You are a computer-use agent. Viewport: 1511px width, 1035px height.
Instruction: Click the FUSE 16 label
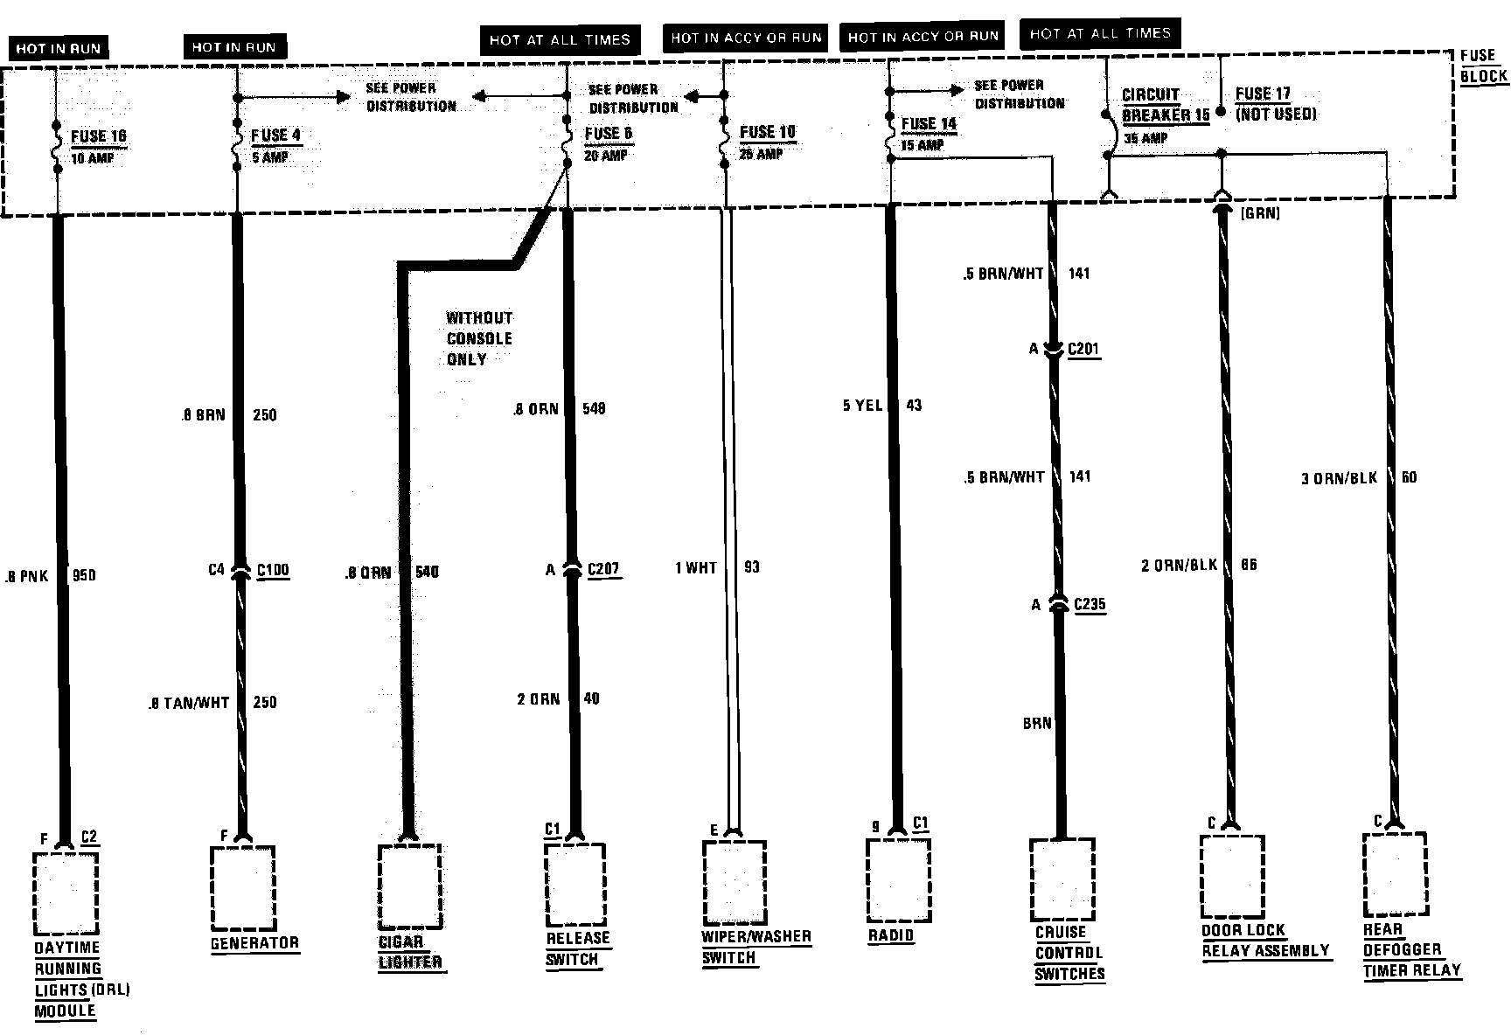tap(98, 136)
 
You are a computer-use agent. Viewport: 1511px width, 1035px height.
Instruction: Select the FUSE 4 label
tap(275, 135)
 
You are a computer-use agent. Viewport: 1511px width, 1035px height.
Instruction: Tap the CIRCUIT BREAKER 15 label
tap(1166, 105)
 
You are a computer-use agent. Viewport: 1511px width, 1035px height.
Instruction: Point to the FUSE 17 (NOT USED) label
tap(1275, 103)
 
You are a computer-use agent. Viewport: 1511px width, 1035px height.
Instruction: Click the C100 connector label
tap(273, 571)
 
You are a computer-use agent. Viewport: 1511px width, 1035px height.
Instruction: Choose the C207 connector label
tap(603, 570)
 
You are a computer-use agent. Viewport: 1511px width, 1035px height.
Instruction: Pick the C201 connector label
tap(1083, 350)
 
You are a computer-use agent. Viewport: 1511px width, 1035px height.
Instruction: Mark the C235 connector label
tap(1090, 604)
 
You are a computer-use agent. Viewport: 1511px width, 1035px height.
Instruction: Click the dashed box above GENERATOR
tap(242, 887)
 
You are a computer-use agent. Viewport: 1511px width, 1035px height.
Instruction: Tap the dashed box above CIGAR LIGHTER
tap(409, 886)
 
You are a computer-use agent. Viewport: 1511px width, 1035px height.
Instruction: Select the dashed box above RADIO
tap(898, 878)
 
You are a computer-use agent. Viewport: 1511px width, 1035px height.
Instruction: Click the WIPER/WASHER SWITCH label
tap(756, 947)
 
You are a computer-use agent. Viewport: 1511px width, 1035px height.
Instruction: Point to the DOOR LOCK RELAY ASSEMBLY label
tap(1265, 941)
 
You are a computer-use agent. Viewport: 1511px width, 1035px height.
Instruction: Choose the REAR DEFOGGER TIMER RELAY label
tap(1411, 949)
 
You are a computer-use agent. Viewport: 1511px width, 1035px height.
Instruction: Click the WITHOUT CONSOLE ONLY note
tap(479, 338)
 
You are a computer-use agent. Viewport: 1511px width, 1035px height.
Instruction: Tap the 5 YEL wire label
tap(862, 406)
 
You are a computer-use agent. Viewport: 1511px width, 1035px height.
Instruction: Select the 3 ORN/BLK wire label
tap(1339, 478)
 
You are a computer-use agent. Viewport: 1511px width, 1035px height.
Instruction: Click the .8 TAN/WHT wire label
tap(189, 702)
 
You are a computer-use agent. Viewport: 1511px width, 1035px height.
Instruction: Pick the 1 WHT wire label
tap(695, 568)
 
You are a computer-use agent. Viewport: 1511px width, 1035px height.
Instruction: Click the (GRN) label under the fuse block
tap(1259, 212)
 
